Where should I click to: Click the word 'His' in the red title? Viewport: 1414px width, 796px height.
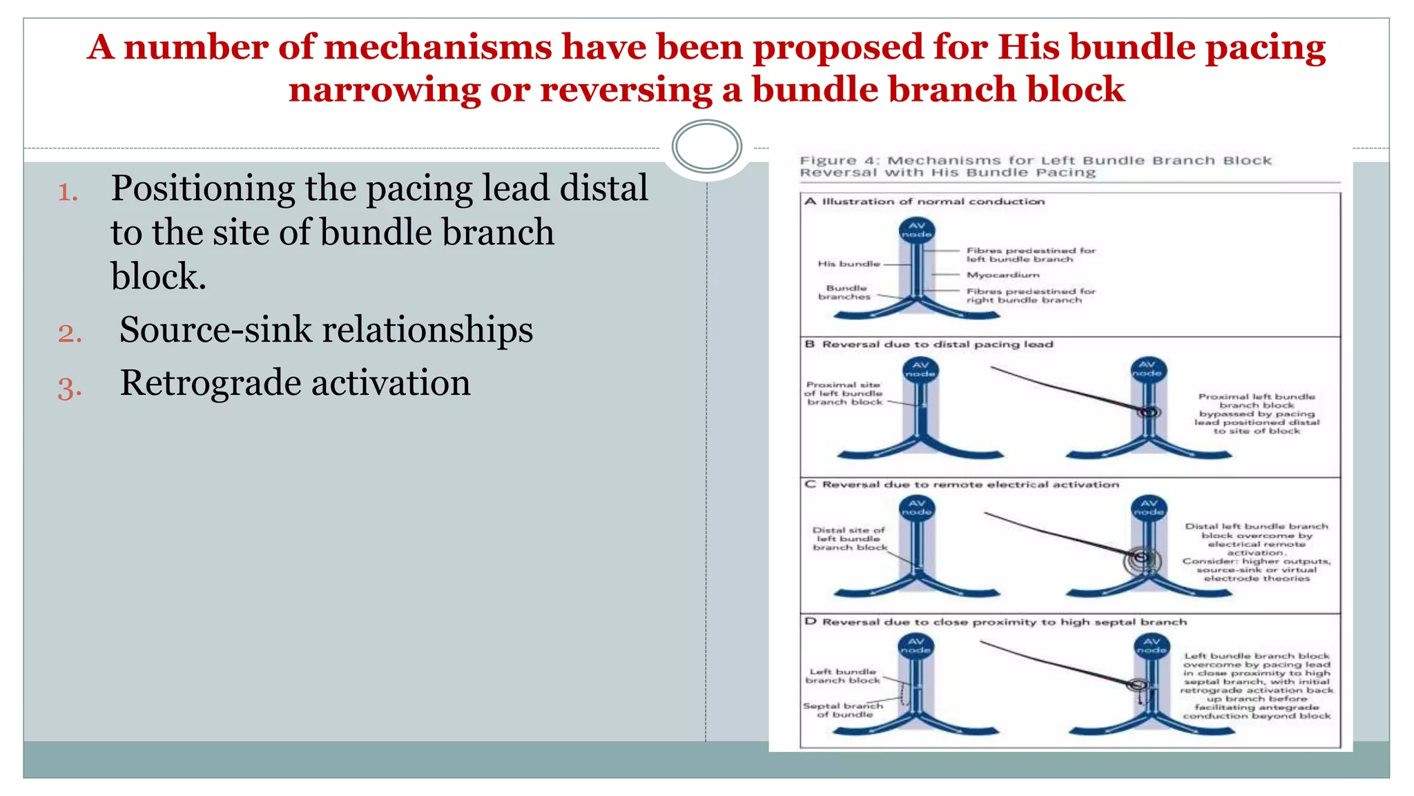tap(1028, 48)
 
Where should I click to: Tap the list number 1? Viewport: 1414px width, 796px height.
tap(68, 192)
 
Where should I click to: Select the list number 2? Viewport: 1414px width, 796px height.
tap(70, 333)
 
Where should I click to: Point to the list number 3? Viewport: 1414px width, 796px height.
tap(70, 387)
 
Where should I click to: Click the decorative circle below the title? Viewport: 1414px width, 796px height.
tap(706, 146)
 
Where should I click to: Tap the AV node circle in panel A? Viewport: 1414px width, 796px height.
tap(916, 230)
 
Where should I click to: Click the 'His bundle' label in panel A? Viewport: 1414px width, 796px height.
tap(849, 264)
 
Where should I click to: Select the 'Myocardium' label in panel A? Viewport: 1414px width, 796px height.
tap(1003, 275)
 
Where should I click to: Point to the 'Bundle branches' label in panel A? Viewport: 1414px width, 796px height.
tap(845, 293)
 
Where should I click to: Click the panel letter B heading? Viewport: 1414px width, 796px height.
tap(810, 344)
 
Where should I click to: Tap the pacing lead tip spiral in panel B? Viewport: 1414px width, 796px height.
tap(1149, 412)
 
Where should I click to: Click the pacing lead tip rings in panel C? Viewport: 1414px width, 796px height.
tap(1141, 558)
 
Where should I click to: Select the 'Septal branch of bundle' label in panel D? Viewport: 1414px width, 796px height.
tap(844, 710)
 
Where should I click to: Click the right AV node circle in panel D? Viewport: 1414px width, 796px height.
tap(1152, 646)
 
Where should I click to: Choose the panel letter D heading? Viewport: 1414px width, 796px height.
tap(810, 621)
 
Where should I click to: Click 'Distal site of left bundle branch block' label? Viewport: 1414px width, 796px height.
tap(849, 539)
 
